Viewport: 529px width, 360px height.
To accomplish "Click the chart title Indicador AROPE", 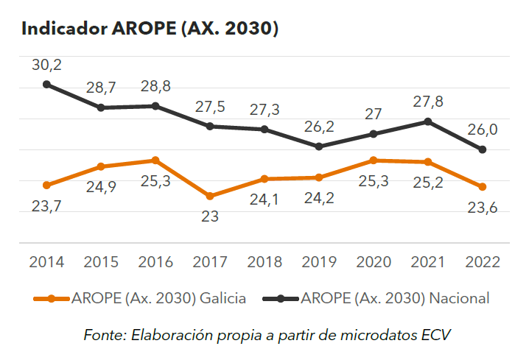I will [x=150, y=29].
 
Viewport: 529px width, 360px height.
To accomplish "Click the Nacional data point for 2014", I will [x=46, y=84].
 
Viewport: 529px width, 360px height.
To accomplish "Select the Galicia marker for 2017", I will [x=210, y=196].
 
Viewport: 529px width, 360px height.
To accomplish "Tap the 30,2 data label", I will [x=46, y=65].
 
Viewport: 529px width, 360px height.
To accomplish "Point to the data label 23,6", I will [x=483, y=208].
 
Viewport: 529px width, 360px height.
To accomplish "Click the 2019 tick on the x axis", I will [x=319, y=262].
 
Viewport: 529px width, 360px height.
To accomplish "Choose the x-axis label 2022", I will [x=483, y=262].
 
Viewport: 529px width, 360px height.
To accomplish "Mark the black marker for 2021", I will [x=428, y=121].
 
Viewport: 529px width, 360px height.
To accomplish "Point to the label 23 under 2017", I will [x=210, y=216].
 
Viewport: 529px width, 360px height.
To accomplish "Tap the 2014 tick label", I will [x=46, y=262].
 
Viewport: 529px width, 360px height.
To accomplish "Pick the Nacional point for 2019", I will [x=319, y=147].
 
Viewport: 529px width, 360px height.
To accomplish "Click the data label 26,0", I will [x=483, y=130].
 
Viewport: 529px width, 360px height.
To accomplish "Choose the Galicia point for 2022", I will [x=483, y=187].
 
